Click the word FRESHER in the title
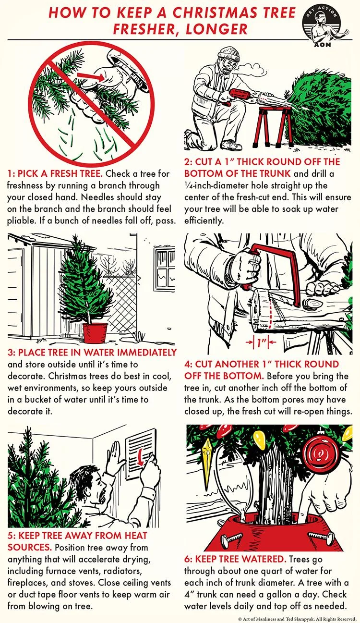(146, 29)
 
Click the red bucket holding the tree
(95, 332)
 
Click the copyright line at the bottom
(297, 619)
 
